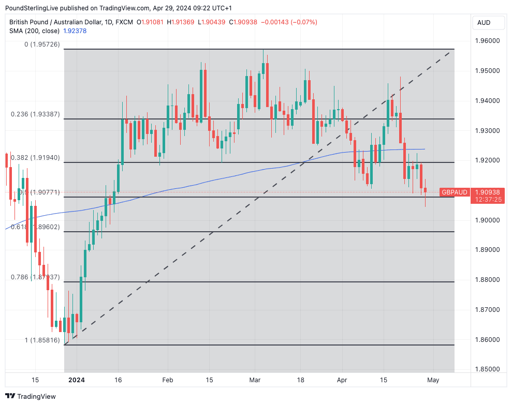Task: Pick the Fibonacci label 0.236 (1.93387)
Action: pos(35,114)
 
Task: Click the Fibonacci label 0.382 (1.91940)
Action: pos(35,157)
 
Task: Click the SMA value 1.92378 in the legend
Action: pos(75,31)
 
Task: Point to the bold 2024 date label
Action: pos(77,380)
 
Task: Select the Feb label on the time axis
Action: pos(167,380)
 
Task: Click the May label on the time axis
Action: pos(433,380)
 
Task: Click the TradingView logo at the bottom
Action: pos(31,396)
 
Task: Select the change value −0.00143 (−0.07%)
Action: pos(289,22)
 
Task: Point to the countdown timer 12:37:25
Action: pos(487,200)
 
